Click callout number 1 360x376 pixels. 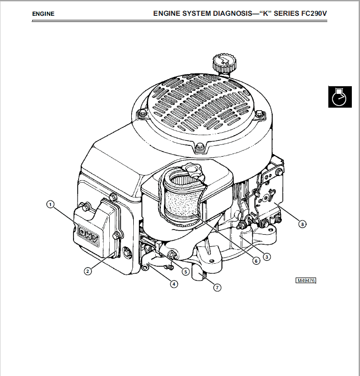click(x=50, y=204)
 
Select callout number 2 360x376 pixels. click(x=88, y=271)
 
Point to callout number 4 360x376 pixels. click(x=174, y=284)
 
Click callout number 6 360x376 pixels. click(x=256, y=260)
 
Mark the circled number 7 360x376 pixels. click(x=217, y=288)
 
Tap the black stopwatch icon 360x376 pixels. click(x=339, y=97)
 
